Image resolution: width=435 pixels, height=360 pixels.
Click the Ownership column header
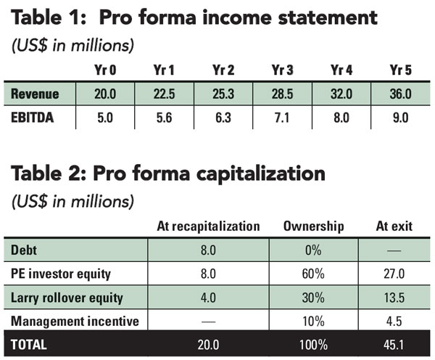point(315,226)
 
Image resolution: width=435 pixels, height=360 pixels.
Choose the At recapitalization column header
point(208,226)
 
